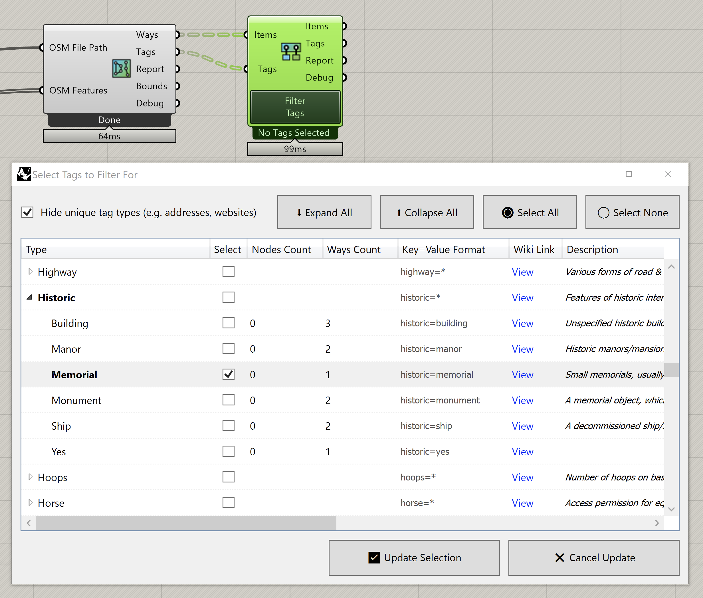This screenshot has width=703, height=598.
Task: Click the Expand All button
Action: pos(324,212)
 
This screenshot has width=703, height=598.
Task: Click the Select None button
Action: pos(632,212)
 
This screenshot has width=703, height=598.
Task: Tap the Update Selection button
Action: pos(414,558)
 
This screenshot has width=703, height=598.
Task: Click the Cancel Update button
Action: pos(593,558)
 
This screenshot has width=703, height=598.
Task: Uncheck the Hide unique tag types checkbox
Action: pos(27,212)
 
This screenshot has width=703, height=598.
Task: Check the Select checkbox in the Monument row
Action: pos(228,400)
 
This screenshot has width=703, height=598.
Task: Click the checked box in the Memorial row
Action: pos(228,374)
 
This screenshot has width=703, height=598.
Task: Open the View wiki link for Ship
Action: pos(522,426)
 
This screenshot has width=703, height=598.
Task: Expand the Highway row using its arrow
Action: pos(30,272)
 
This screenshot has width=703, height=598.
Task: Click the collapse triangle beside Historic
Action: pos(29,297)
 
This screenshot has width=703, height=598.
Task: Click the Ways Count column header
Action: pos(353,250)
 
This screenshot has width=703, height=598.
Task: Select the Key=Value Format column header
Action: pos(443,250)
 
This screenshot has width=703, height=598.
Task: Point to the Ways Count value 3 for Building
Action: pos(328,324)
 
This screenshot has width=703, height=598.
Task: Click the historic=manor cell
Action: pos(431,349)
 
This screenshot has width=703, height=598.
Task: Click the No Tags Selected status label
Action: pos(294,133)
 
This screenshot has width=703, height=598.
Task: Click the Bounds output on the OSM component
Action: pos(151,86)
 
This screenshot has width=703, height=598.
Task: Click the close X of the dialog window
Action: pos(668,174)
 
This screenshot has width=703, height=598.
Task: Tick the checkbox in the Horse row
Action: pos(228,503)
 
